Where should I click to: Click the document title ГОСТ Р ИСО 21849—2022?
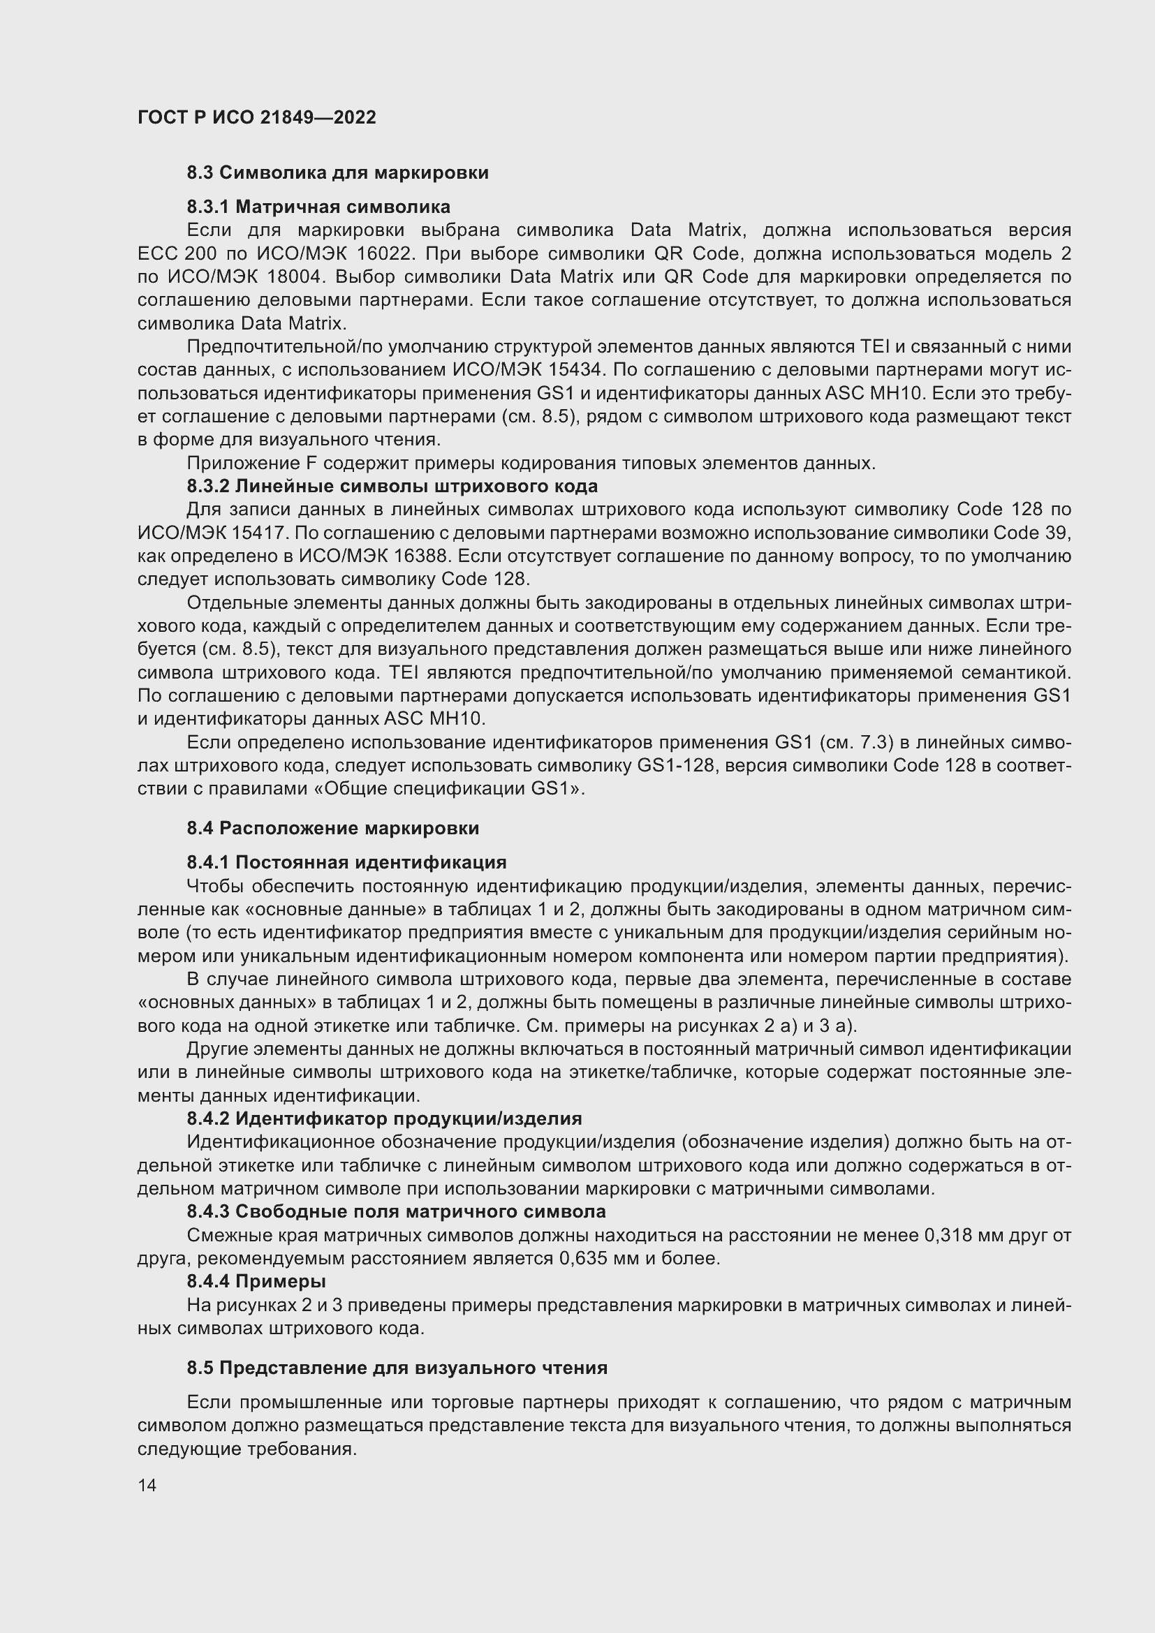point(257,117)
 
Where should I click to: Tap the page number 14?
point(147,1485)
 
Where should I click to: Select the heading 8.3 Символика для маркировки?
point(338,173)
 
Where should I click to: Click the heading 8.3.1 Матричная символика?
point(318,207)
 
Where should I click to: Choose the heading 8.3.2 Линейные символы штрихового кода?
point(392,487)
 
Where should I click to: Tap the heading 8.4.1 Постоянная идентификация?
point(346,863)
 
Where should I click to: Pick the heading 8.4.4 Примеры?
point(256,1282)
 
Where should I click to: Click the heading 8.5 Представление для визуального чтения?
point(397,1368)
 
